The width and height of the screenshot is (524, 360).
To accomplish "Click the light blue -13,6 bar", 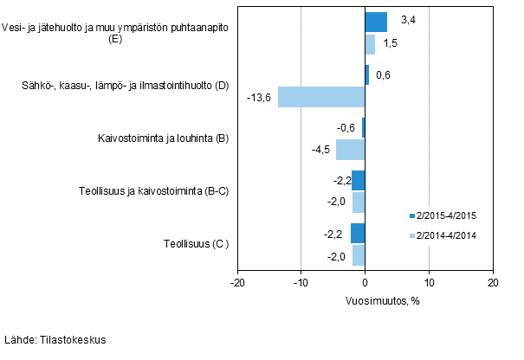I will tap(321, 97).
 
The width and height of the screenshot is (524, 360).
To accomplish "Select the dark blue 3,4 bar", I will tap(376, 22).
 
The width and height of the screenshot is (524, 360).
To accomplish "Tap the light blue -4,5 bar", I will tap(351, 150).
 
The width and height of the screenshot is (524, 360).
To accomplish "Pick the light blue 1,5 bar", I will tap(370, 44).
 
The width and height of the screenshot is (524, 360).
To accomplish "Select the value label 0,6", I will tap(384, 75).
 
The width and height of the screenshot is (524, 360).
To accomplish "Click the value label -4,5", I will tap(320, 150).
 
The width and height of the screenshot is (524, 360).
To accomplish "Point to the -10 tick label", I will tap(301, 283).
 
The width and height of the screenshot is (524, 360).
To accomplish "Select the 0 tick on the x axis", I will tap(366, 283).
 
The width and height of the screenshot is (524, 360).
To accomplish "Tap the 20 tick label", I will tap(492, 283).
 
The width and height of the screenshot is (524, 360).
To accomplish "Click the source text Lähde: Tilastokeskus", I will tap(55, 340).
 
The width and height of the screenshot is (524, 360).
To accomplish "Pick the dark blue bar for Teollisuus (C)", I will tap(358, 234).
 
